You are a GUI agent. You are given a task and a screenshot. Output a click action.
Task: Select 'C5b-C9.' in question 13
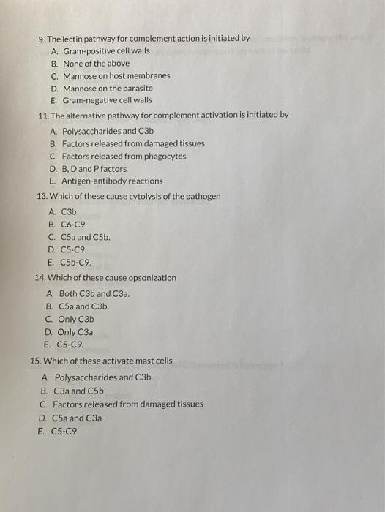coord(76,262)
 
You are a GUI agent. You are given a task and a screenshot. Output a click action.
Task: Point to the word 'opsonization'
coord(151,278)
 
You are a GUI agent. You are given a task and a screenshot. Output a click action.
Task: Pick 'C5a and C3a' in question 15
coord(81,418)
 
